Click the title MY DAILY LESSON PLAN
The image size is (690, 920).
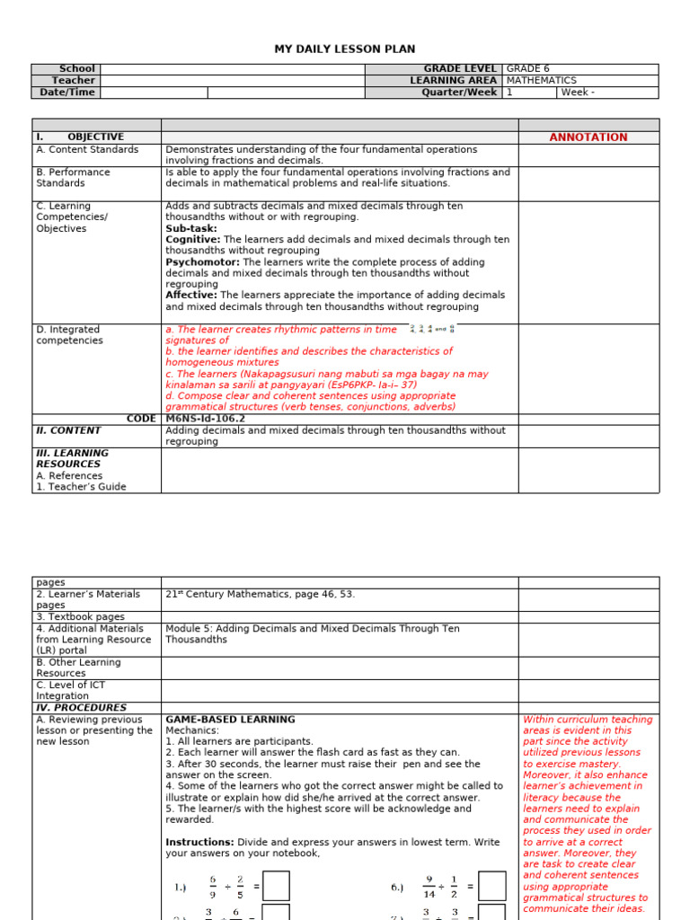(x=345, y=49)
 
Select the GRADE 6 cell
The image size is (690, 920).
(x=527, y=69)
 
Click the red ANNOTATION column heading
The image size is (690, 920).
(x=588, y=137)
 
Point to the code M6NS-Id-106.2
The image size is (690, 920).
(x=207, y=419)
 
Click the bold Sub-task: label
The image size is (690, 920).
(x=191, y=229)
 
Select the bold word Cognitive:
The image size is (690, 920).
(x=192, y=240)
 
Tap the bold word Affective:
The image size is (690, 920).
(x=191, y=295)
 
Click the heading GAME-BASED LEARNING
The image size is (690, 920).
(x=230, y=720)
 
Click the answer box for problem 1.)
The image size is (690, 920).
(x=276, y=886)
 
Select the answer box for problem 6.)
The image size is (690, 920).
(x=492, y=886)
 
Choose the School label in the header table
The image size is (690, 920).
(x=76, y=69)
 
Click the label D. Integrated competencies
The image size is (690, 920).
(x=69, y=335)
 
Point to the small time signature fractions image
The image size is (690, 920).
(x=432, y=330)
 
